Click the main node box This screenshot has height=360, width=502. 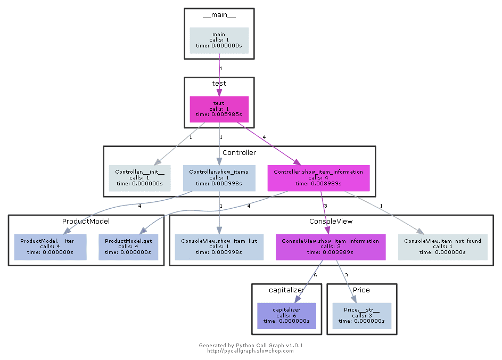(219, 40)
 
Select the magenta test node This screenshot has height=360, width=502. (219, 109)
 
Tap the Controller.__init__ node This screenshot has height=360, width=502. (140, 177)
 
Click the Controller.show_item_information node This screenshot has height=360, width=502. (318, 177)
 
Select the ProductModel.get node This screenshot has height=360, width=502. (128, 247)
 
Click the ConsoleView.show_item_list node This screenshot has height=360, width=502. (219, 247)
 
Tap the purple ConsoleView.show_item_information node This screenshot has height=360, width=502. (330, 247)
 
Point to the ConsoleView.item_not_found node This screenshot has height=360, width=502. (442, 247)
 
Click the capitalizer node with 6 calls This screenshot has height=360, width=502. (286, 315)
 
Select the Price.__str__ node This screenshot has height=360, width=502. (361, 315)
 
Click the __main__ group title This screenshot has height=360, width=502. (219, 15)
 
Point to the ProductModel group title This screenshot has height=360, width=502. (86, 221)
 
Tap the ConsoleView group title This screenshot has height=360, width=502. (331, 221)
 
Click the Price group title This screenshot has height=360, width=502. (361, 290)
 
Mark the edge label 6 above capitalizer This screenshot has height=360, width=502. (315, 275)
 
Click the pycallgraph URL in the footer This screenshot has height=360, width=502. (250, 351)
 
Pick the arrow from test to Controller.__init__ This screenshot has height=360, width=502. (178, 144)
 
